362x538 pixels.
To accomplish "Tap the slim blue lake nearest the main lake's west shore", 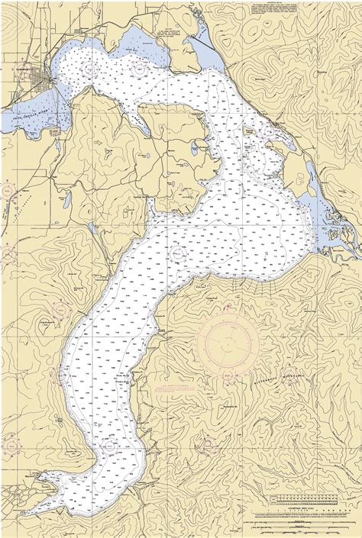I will [92, 228].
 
